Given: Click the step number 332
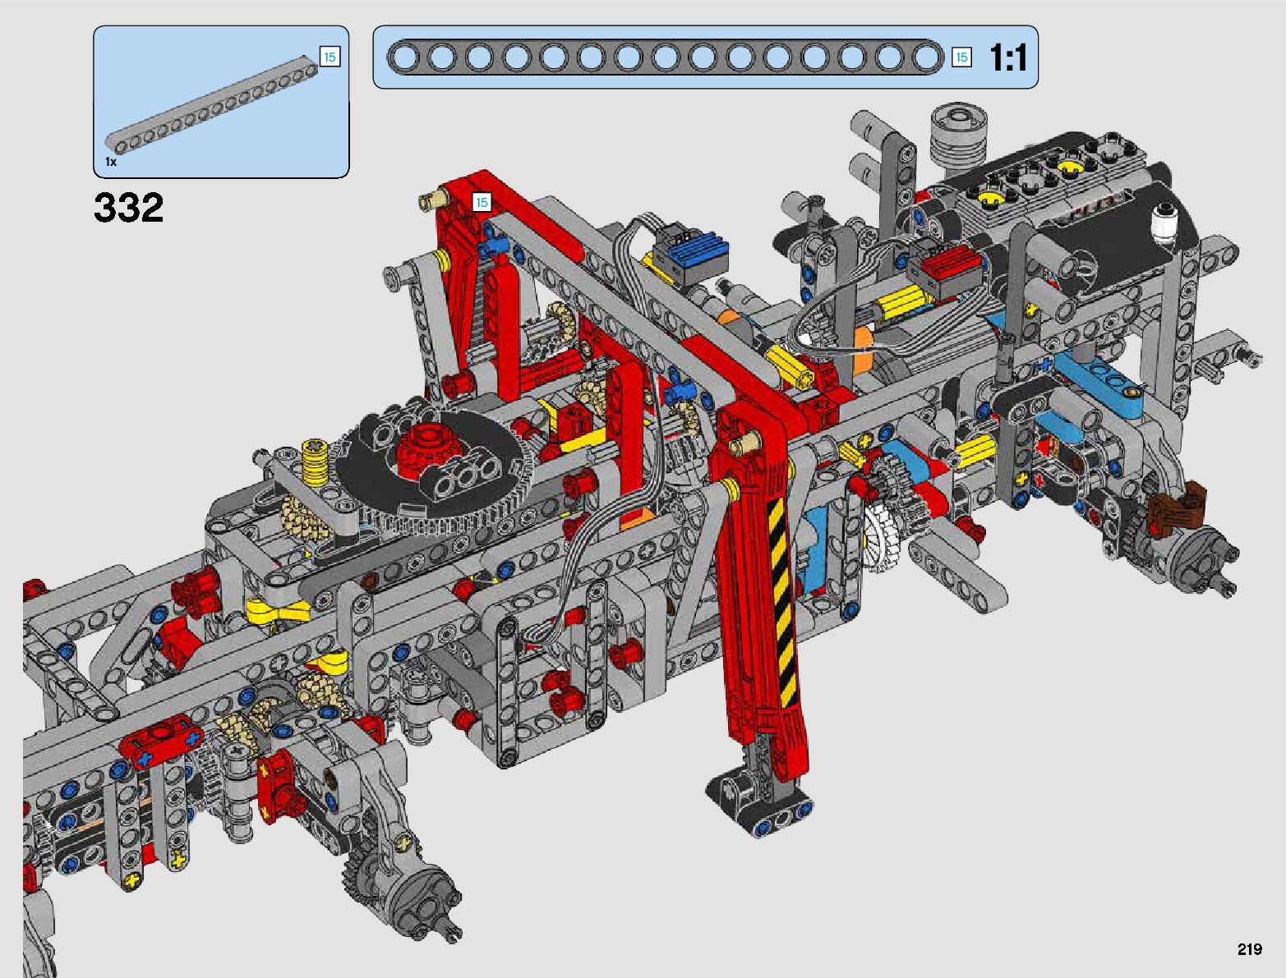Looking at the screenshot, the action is click(x=128, y=207).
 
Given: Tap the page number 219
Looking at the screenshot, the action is click(x=1250, y=948).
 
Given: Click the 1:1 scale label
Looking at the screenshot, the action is click(x=1008, y=57).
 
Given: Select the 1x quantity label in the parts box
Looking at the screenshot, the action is click(x=111, y=162).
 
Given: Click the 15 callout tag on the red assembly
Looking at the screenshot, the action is click(x=482, y=203).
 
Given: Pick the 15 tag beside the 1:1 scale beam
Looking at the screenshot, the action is click(x=961, y=57).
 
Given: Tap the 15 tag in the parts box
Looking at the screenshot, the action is click(x=330, y=57).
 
